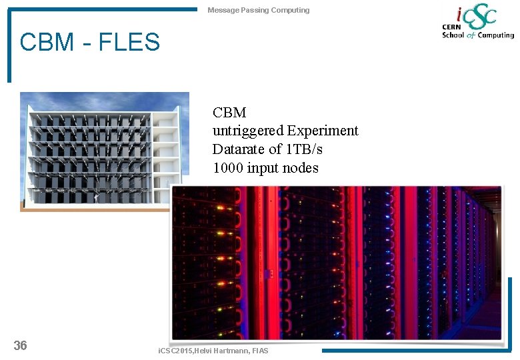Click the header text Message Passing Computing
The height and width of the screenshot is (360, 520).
pos(258,10)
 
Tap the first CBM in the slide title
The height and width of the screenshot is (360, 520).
pos(47,43)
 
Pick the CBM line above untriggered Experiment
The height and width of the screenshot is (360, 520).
pos(229,113)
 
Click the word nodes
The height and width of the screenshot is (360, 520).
pos(300,168)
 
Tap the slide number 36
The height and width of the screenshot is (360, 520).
pos(21,345)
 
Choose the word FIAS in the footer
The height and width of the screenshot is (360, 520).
pos(260,351)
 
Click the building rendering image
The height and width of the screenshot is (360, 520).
pos(100,151)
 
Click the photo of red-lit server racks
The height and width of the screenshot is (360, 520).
pos(337,263)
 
